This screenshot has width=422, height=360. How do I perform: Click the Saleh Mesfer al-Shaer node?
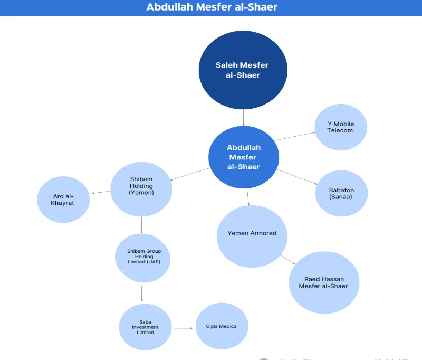(x=243, y=70)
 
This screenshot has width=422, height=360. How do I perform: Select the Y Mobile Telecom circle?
(x=340, y=127)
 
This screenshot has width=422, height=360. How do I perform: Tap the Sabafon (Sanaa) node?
(x=341, y=193)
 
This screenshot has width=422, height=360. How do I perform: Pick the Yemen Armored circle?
(x=252, y=236)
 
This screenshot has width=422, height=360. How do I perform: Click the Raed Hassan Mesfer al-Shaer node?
(x=323, y=282)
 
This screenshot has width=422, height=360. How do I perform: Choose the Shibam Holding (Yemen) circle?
(x=141, y=188)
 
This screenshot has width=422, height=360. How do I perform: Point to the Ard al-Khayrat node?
(x=63, y=200)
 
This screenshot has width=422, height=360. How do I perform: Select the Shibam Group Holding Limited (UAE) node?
(x=142, y=258)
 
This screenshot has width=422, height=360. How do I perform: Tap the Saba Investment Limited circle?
(x=145, y=327)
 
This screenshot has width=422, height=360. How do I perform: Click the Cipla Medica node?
(x=221, y=326)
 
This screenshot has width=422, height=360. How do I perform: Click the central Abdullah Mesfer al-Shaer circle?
(x=244, y=157)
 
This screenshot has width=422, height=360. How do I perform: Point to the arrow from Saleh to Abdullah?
(x=243, y=117)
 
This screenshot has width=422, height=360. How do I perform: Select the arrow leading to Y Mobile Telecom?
(x=294, y=136)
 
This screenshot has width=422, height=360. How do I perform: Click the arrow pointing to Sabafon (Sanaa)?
(x=297, y=177)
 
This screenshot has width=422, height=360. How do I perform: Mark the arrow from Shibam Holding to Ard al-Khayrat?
(x=101, y=192)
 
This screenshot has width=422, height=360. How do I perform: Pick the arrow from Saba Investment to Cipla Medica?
(x=183, y=328)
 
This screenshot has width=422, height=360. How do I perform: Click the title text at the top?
(x=211, y=7)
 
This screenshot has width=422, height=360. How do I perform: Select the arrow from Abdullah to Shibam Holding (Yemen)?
(x=190, y=174)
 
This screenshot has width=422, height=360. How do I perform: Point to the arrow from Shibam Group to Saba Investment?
(x=141, y=293)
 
